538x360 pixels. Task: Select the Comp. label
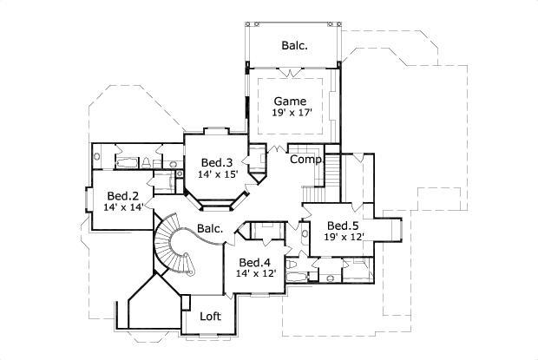305,160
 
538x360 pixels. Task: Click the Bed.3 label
217,162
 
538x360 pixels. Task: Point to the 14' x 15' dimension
217,174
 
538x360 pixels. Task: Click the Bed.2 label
123,195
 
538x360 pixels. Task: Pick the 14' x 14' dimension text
123,207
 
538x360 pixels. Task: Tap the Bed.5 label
344,226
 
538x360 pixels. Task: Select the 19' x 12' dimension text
344,237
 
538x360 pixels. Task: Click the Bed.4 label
255,263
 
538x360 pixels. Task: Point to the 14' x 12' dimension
255,274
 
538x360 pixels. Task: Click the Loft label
211,317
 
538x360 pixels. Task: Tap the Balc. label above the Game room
295,44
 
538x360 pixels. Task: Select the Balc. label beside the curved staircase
210,229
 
